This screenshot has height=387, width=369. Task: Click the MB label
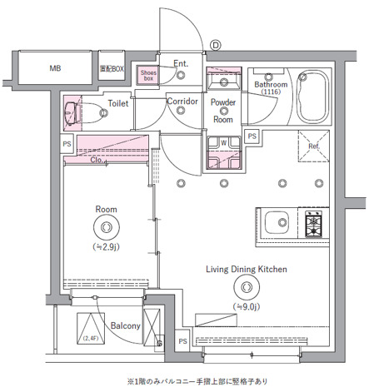click(55, 69)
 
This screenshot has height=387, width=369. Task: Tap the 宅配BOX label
click(112, 69)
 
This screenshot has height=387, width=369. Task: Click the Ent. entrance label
click(181, 63)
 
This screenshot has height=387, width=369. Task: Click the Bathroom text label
click(271, 84)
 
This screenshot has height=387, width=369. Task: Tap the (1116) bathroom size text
click(271, 93)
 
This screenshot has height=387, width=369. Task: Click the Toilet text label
click(117, 104)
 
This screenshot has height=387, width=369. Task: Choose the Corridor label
click(182, 102)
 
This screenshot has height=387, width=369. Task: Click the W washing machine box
click(223, 142)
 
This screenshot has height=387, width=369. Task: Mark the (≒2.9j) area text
click(106, 247)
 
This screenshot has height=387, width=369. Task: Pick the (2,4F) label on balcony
click(90, 339)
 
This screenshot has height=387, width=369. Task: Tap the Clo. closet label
click(97, 160)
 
